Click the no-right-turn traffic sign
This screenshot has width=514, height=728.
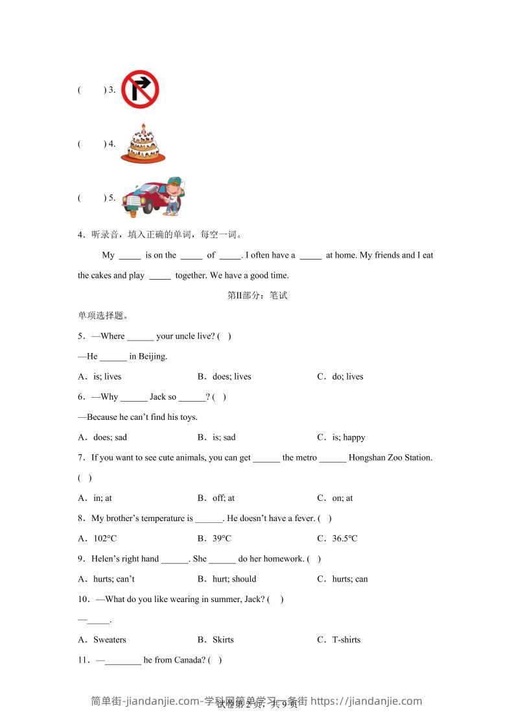[140, 89]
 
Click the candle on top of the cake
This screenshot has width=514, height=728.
[143, 126]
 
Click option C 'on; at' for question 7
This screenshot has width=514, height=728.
[342, 498]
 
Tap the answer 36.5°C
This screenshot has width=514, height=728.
[344, 539]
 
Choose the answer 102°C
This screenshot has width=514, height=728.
[105, 539]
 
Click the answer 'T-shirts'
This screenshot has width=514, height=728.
[346, 640]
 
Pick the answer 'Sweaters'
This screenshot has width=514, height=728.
[110, 640]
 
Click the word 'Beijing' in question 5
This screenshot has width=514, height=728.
[152, 356]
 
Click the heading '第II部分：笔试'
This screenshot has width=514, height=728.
[257, 296]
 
